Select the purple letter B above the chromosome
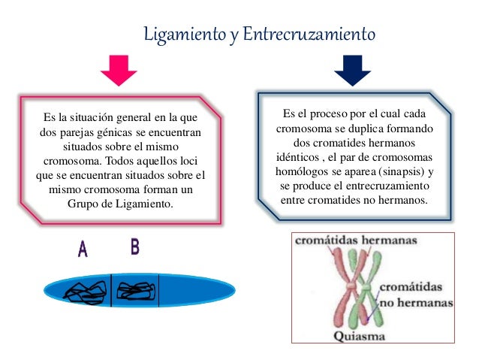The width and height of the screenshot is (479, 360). coord(135,247)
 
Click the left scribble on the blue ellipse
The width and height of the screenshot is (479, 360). coord(86,292)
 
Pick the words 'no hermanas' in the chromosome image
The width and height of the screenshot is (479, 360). coord(417,301)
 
